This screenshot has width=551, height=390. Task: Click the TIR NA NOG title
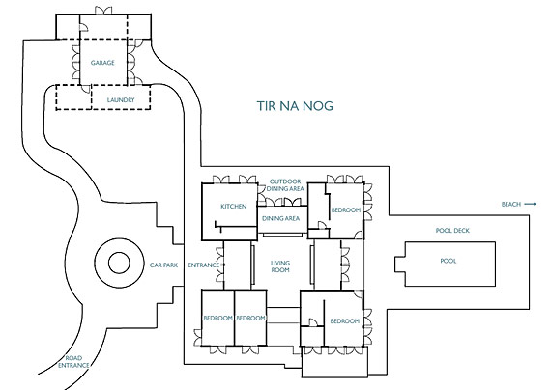pyautogui.click(x=295, y=106)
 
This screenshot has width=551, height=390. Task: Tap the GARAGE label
pyautogui.click(x=102, y=63)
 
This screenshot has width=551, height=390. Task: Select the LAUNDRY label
pyautogui.click(x=121, y=100)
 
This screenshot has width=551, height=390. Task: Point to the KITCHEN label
pyautogui.click(x=234, y=206)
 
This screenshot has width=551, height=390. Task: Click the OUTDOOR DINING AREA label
pyautogui.click(x=285, y=185)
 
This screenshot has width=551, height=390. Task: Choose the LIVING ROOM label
pyautogui.click(x=280, y=266)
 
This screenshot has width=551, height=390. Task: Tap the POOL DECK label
pyautogui.click(x=452, y=231)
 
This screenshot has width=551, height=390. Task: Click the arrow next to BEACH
pyautogui.click(x=531, y=204)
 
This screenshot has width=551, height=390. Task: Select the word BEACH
pyautogui.click(x=511, y=204)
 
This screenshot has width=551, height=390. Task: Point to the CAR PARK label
pyautogui.click(x=163, y=265)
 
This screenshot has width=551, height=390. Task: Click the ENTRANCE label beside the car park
pyautogui.click(x=204, y=265)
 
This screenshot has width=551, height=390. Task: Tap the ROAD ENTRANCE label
pyautogui.click(x=73, y=362)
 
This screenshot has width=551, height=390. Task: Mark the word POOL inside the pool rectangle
pyautogui.click(x=449, y=261)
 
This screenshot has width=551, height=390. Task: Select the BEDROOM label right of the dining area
pyautogui.click(x=346, y=209)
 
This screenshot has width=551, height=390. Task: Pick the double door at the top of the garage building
pyautogui.click(x=103, y=11)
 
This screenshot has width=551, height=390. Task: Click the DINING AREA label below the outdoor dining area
pyautogui.click(x=280, y=218)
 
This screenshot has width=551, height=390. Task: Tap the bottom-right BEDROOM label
pyautogui.click(x=345, y=320)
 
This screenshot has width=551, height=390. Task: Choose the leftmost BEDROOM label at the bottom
pyautogui.click(x=217, y=318)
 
